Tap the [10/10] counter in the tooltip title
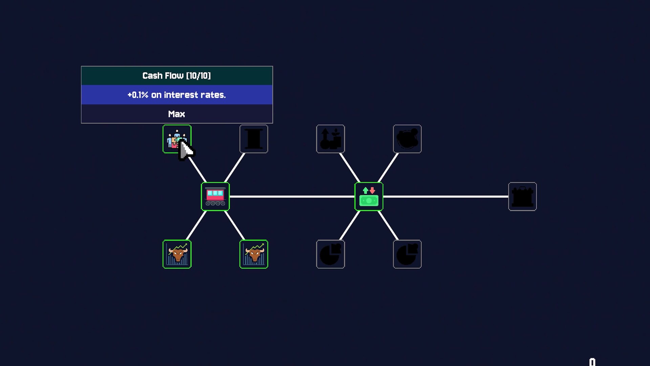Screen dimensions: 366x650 (198, 76)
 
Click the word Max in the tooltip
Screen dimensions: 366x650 (176, 114)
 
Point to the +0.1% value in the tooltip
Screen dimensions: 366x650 (138, 95)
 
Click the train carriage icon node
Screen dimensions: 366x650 (215, 197)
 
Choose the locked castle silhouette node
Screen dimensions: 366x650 (522, 197)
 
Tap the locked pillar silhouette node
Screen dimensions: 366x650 (254, 139)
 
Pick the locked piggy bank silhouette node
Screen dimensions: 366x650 (407, 139)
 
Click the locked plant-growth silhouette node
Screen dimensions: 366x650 (330, 139)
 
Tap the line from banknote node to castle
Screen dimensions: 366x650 (446, 197)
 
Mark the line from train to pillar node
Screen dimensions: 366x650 (235, 168)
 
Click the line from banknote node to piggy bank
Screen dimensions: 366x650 (388, 168)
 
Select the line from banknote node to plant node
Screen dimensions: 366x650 (349, 168)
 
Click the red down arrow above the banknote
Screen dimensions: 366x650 (372, 190)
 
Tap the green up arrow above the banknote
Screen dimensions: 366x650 (365, 190)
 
